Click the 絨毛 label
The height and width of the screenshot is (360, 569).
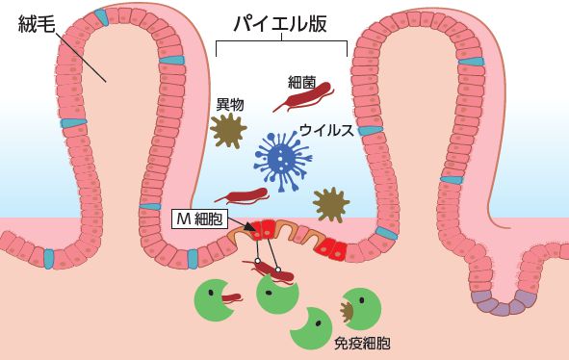coord(37,25)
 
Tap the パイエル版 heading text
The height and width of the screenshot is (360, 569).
coord(281,23)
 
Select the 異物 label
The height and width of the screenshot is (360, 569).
coord(229,103)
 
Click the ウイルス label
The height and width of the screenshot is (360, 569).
coord(326,130)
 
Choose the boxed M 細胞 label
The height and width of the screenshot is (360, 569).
coord(197,219)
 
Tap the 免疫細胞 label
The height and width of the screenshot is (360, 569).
coord(361,343)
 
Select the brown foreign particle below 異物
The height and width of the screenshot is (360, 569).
coord(229,130)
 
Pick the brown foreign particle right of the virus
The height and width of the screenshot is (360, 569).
coord(330,203)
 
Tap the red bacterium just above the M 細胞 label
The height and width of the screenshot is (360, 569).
coord(242,195)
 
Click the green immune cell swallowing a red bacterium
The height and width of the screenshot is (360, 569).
coord(218,299)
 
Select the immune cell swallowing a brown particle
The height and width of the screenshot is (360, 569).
coord(361,309)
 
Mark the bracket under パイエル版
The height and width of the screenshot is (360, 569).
coord(281,42)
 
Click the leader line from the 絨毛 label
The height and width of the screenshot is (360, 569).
coord(81,55)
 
